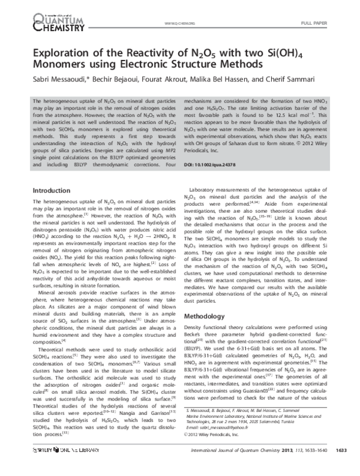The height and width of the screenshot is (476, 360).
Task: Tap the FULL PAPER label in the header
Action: tap(331, 23)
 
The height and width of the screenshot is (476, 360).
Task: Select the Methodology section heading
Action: tap(207, 315)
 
